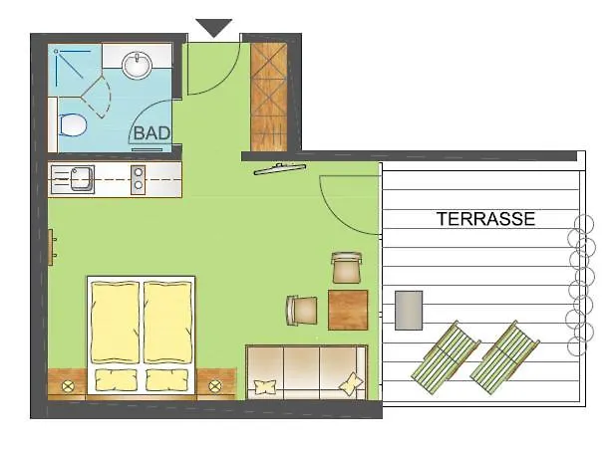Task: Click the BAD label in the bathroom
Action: [x=151, y=130]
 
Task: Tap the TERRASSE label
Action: [x=485, y=219]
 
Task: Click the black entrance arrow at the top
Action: [x=214, y=28]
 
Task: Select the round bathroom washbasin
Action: [x=137, y=67]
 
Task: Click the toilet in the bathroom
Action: [x=70, y=125]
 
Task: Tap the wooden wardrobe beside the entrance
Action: [x=268, y=97]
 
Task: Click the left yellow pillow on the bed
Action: [x=116, y=379]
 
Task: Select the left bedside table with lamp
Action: [x=69, y=383]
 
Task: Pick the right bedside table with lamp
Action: [x=214, y=384]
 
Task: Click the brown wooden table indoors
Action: [x=348, y=310]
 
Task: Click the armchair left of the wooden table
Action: [x=302, y=311]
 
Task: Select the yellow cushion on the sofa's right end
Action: [x=351, y=382]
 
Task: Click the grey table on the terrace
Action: [x=409, y=310]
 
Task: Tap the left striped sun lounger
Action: [x=445, y=354]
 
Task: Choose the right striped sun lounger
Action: [x=503, y=354]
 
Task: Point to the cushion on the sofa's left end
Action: [x=263, y=386]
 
